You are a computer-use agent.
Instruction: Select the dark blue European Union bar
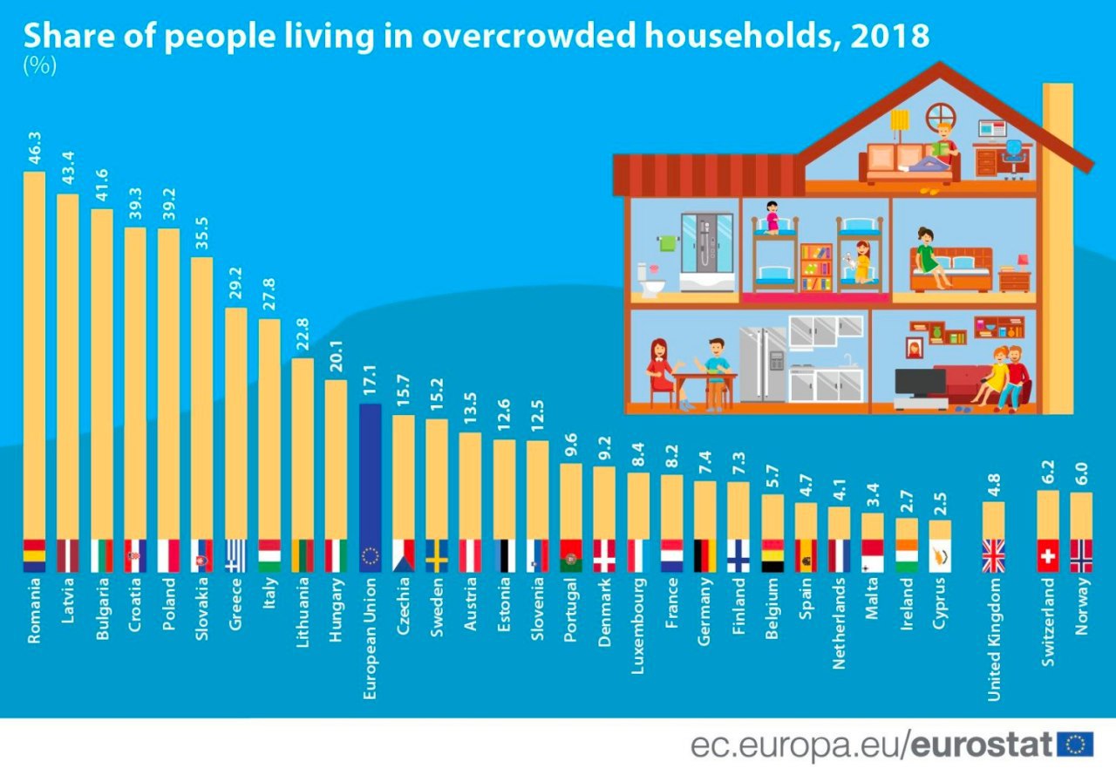pos(370,472)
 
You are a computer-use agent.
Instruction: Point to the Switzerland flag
pos(1048,555)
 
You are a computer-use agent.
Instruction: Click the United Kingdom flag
pos(994,555)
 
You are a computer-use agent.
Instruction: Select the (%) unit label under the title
pos(39,66)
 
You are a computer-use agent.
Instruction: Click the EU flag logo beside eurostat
pos(1074,744)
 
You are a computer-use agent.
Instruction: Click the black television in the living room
pos(920,382)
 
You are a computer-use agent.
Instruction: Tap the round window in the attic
pos(941,116)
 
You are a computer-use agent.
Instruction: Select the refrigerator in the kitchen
pos(763,364)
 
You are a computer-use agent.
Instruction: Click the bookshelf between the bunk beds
pos(816,266)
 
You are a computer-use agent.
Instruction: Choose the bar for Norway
pos(1081,515)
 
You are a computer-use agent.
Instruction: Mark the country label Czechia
pos(403,613)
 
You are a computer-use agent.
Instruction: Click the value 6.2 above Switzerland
pos(1048,469)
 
